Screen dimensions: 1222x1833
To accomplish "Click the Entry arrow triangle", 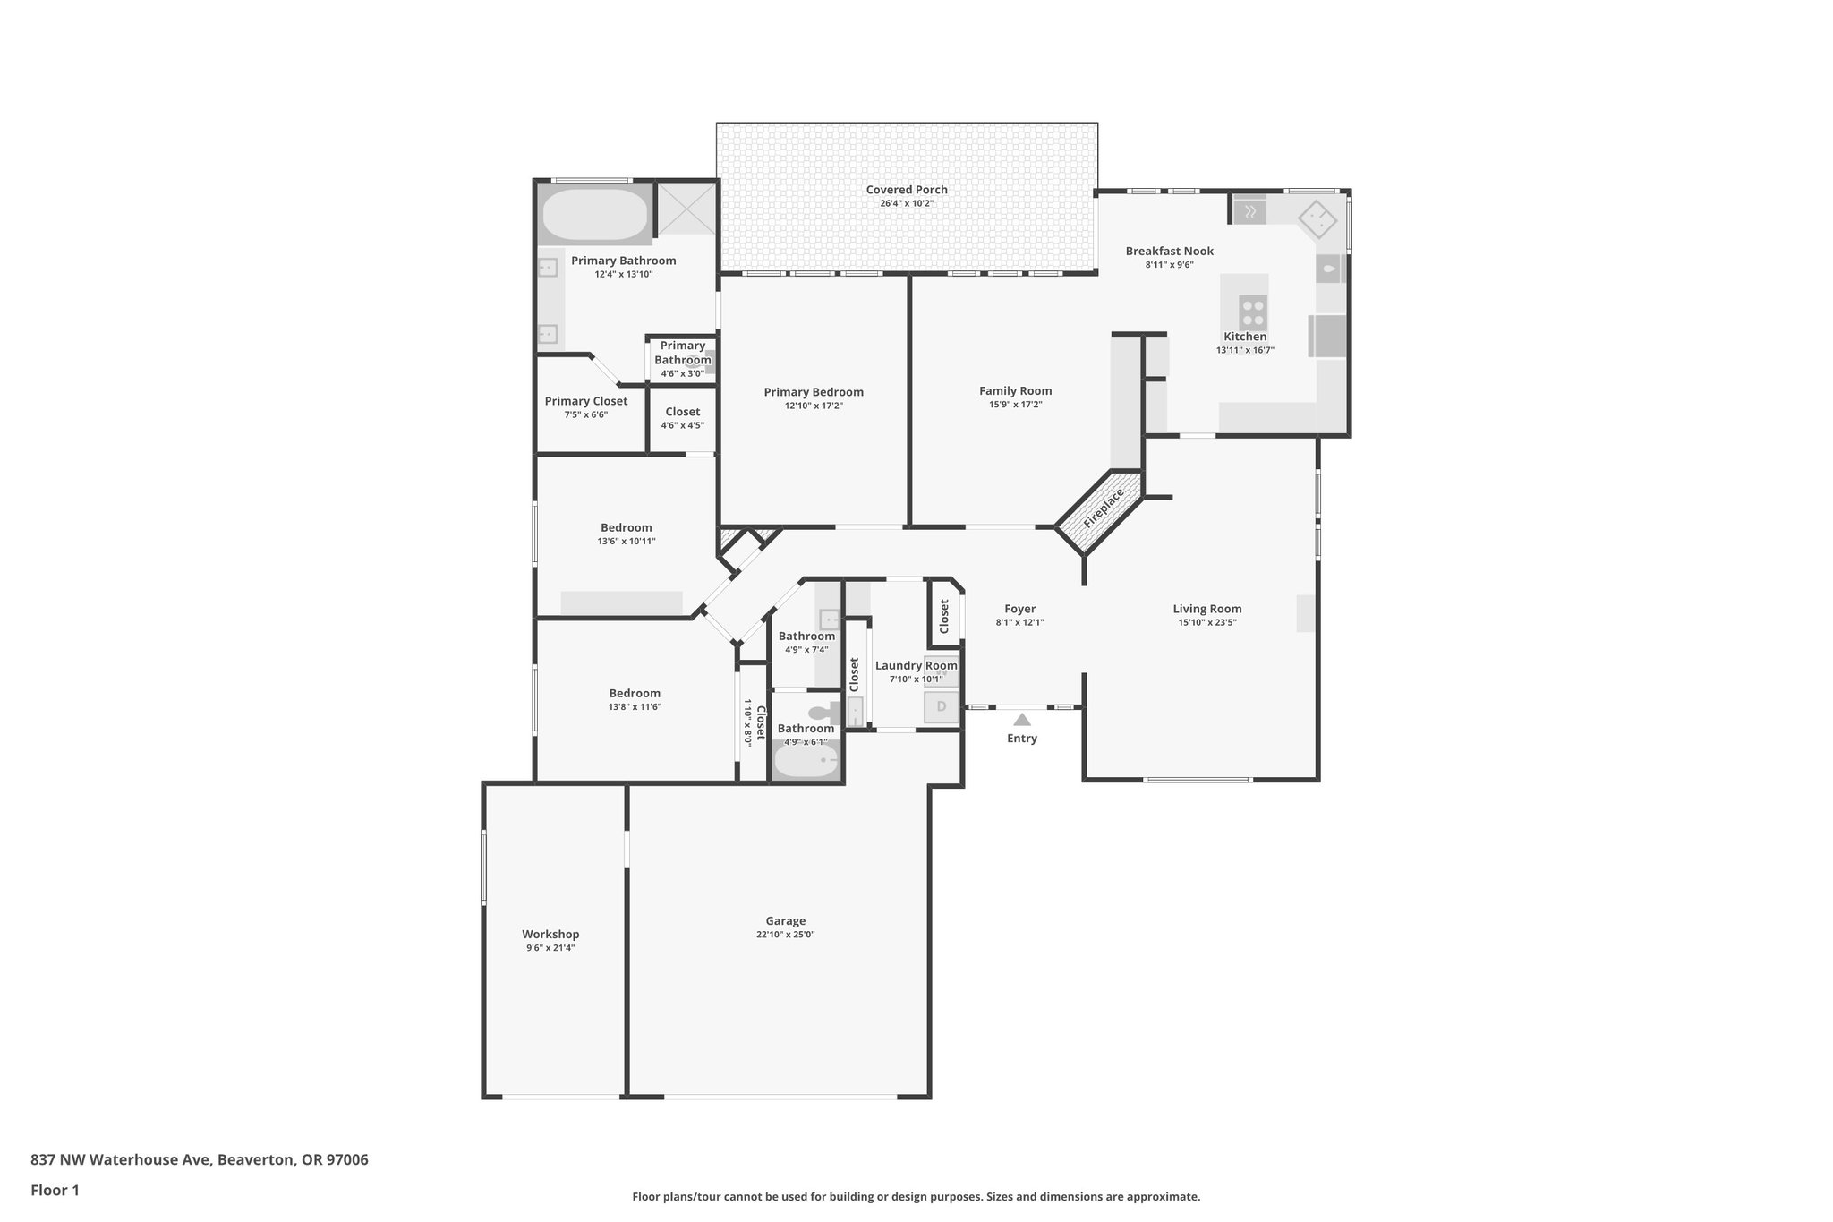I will point(1021,719).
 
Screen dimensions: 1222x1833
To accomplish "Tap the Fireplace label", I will point(1103,508).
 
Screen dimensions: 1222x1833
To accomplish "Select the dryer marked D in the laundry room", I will point(941,707).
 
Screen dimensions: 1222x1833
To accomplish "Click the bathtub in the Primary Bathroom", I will point(593,213).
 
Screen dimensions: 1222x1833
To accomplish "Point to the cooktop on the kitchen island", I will point(1253,312).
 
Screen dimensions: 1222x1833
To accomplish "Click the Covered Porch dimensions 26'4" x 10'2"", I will point(906,203).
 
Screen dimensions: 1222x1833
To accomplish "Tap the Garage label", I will point(785,920).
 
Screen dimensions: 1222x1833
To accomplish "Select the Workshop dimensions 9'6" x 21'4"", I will point(550,947).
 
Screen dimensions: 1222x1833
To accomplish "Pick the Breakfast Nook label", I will point(1169,251).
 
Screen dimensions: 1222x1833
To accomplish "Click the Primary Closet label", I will point(585,401).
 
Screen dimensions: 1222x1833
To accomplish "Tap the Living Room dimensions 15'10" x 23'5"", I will point(1206,622).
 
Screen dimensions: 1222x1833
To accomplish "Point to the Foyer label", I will point(1019,609).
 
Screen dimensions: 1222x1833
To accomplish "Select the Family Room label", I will point(1015,390).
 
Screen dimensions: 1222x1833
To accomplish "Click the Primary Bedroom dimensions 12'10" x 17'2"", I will point(814,406).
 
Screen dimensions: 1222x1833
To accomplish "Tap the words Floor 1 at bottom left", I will point(55,1190).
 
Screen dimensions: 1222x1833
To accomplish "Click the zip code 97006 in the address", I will point(347,1159).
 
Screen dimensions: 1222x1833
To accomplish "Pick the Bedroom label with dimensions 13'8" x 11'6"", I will point(635,693).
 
